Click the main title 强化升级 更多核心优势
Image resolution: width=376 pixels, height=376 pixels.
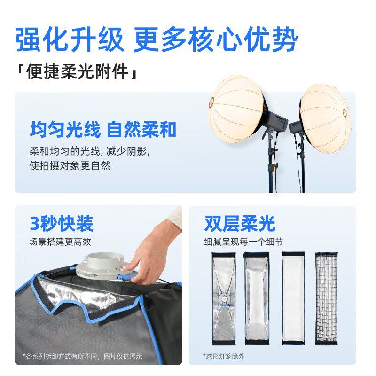(x=157, y=39)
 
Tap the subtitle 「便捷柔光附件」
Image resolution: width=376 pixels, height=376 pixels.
(x=78, y=73)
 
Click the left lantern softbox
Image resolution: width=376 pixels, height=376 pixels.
(x=236, y=109)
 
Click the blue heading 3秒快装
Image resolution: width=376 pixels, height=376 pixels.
(x=61, y=224)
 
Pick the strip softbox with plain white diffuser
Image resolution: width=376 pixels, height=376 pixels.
(x=293, y=297)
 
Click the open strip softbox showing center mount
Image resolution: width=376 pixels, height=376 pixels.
(x=224, y=297)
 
